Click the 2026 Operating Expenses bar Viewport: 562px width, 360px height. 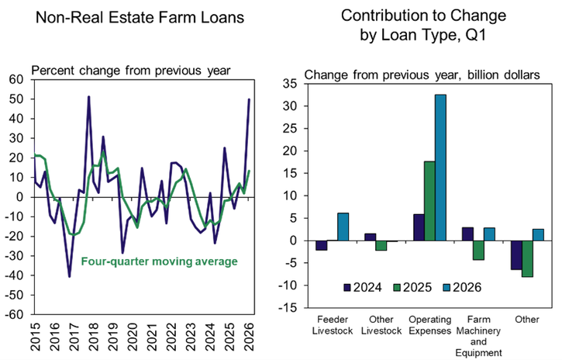pyautogui.click(x=440, y=168)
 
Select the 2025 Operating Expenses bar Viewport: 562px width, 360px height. pyautogui.click(x=429, y=201)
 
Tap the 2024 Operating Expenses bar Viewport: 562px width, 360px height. pyautogui.click(x=418, y=227)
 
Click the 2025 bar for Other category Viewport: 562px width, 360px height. pyautogui.click(x=527, y=258)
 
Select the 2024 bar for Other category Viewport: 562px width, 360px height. pyautogui.click(x=516, y=255)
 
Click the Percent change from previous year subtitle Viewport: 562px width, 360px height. pyautogui.click(x=130, y=71)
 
